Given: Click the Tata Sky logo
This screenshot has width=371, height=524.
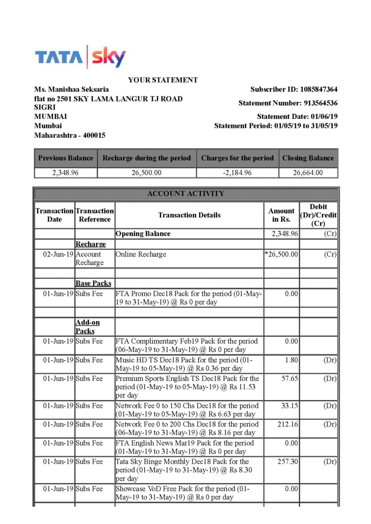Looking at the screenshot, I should pos(79,57).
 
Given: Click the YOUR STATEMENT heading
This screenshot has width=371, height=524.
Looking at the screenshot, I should pos(163,80).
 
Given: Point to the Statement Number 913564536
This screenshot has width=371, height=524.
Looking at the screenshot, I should pos(321,103).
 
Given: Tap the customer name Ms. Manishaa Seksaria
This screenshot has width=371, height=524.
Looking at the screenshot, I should pos(72,90).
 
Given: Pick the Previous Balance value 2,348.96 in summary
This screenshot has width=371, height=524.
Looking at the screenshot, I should pos(65,172).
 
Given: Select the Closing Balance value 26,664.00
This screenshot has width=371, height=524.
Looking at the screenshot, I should pos(308,172).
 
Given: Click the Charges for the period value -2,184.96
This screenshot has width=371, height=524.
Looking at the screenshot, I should pos(237,172).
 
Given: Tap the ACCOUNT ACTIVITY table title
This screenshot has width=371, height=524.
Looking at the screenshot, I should pos(185,193).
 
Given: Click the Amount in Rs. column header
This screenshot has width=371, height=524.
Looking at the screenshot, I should pos(281,215).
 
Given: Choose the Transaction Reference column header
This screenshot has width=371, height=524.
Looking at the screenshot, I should pos(95,215).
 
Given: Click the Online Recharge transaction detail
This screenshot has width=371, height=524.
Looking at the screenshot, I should pos(141,255).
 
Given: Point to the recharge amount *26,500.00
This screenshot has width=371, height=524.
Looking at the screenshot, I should pos(281,255).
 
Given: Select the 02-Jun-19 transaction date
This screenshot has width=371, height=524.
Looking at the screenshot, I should pos(58,255).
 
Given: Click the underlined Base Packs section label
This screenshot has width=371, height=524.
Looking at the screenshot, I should pos(93,284).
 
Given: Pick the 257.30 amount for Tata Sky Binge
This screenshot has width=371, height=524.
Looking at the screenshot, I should pos(287,462).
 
